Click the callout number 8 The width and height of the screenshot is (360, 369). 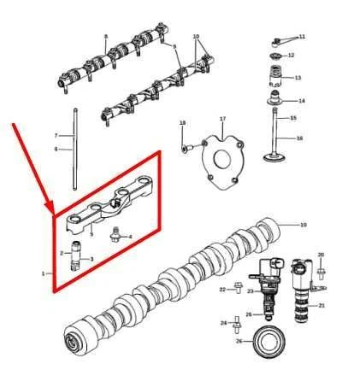point(105,37)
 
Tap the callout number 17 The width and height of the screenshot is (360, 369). point(222,119)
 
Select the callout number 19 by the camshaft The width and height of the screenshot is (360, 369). point(303,225)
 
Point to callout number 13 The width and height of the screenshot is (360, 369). point(298,78)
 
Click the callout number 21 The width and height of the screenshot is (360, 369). point(322,305)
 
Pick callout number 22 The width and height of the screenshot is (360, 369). point(221,290)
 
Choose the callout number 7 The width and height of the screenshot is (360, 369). point(56,136)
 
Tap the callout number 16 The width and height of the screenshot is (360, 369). point(299,138)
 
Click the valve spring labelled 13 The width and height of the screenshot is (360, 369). point(276,78)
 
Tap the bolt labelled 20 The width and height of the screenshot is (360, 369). point(321,272)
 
